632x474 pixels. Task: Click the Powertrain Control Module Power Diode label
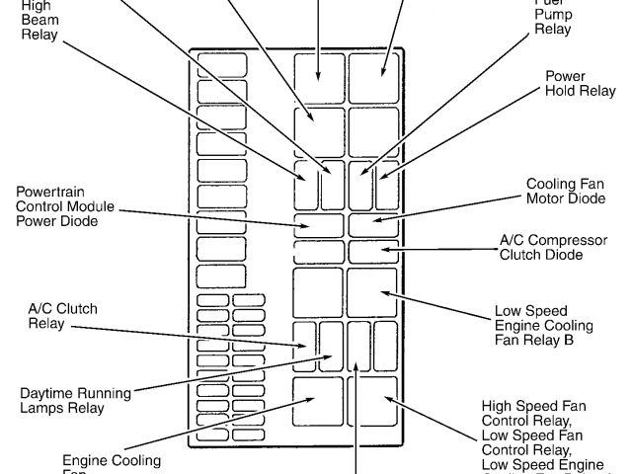pyautogui.click(x=65, y=205)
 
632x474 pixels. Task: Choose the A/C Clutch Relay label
pyautogui.click(x=62, y=316)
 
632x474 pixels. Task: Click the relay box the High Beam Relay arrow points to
pyautogui.click(x=305, y=185)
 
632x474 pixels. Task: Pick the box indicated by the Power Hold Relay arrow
pyautogui.click(x=386, y=185)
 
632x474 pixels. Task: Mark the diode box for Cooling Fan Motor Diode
pyautogui.click(x=372, y=223)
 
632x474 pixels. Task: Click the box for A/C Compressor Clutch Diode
pyautogui.click(x=372, y=251)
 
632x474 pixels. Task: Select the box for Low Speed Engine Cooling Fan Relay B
pyautogui.click(x=372, y=292)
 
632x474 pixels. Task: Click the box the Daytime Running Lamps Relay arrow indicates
pyautogui.click(x=331, y=345)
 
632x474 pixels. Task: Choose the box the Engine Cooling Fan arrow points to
pyautogui.click(x=318, y=401)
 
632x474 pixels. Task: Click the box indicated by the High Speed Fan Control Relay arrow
pyautogui.click(x=372, y=401)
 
